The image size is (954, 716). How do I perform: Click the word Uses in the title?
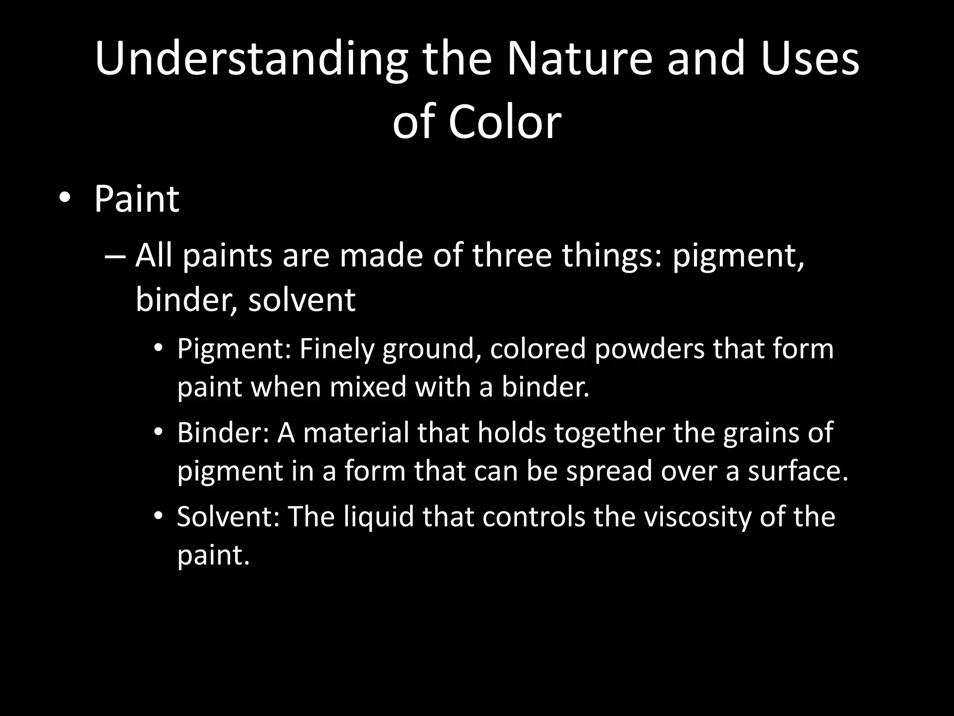pos(810,60)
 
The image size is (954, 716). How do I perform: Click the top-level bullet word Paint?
pos(136,200)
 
